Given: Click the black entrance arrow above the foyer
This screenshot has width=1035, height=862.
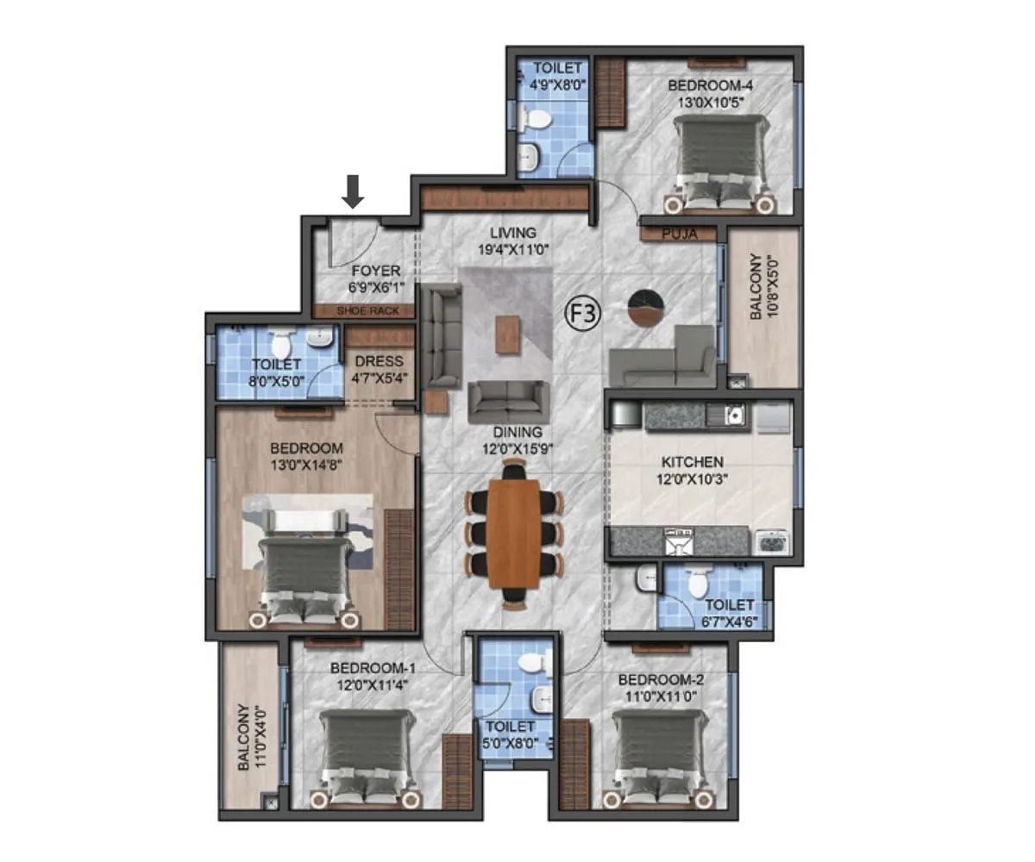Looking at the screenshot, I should point(352,191).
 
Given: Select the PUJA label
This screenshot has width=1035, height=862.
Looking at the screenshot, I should point(679,233).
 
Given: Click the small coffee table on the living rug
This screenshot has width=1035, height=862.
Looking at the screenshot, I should point(508,334).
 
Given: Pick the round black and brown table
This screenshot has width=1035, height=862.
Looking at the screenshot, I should point(646,308).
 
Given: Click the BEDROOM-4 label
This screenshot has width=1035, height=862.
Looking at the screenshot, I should point(712,85).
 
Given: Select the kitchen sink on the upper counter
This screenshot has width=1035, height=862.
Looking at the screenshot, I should point(733,415).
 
